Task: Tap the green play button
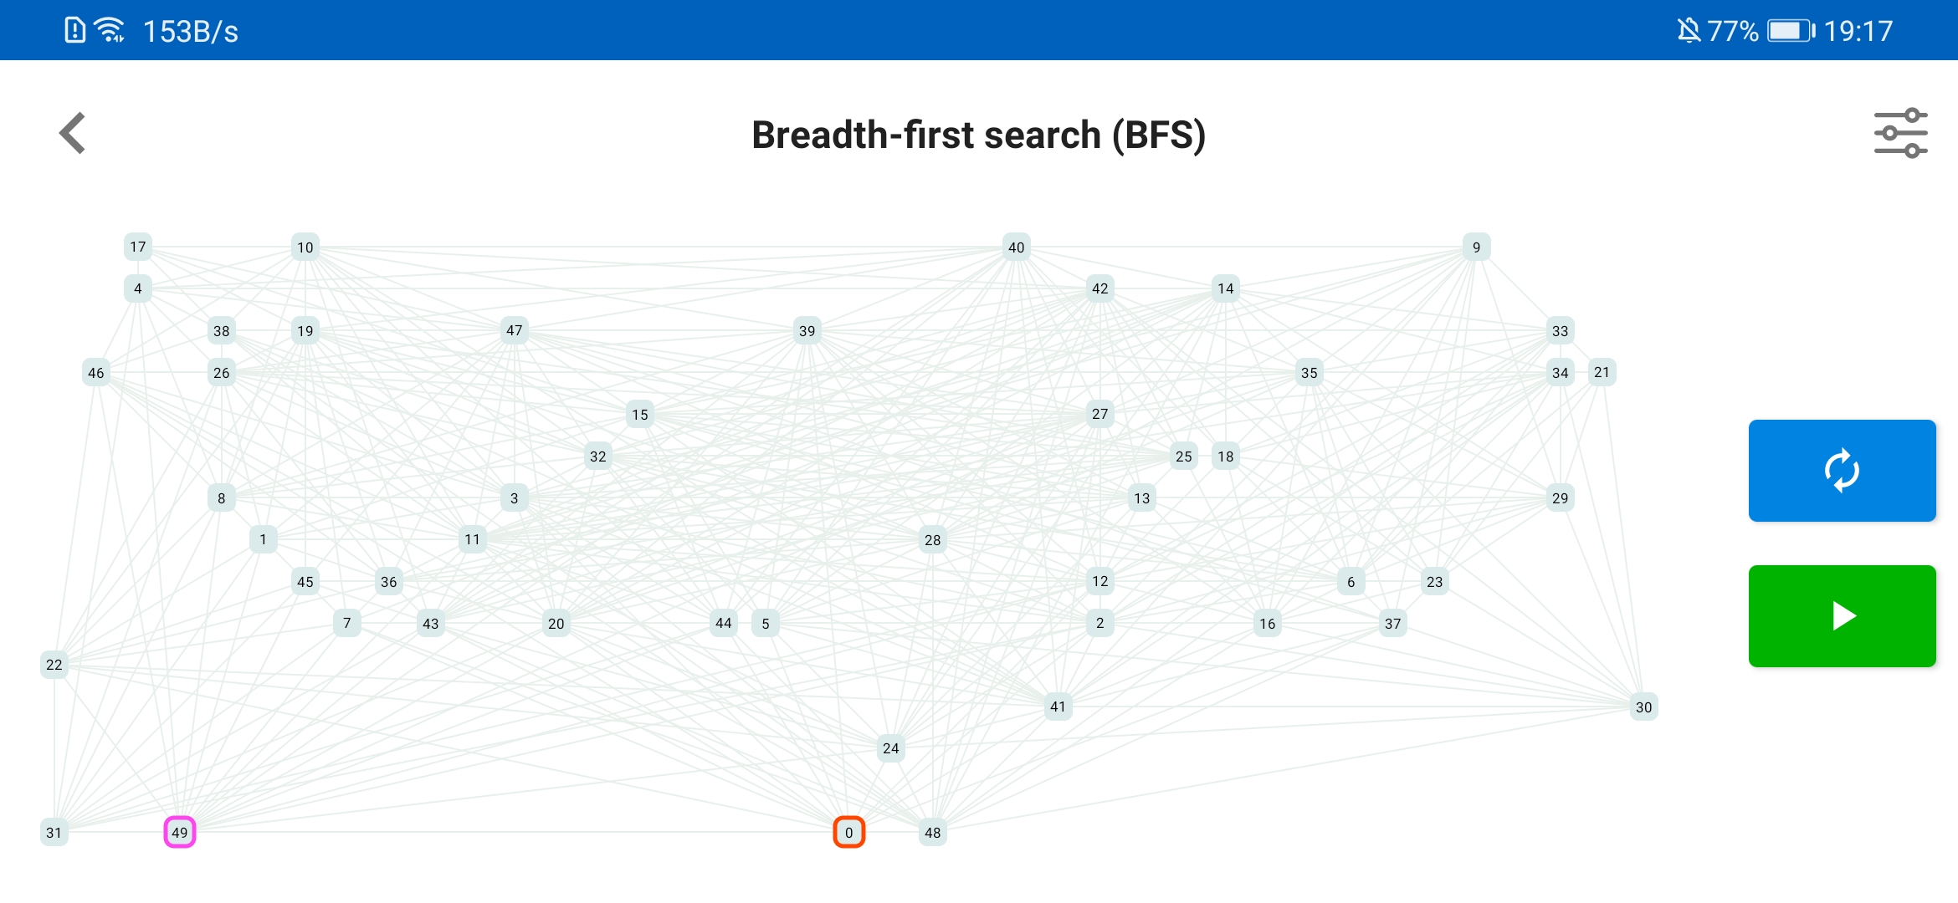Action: [1842, 616]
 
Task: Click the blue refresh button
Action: [1842, 471]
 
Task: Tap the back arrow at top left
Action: [73, 133]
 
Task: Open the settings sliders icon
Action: [1900, 133]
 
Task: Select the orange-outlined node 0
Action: [848, 832]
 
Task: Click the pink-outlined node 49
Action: [179, 832]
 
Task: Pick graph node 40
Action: [1016, 247]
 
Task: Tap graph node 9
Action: [1476, 247]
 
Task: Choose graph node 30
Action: [1643, 707]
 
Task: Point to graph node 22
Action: [54, 665]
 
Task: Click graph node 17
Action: [137, 247]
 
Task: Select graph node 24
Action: [890, 748]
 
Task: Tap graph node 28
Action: [932, 539]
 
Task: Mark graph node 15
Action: [639, 414]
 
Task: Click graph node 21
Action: [1602, 372]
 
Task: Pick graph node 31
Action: [54, 832]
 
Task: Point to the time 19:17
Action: [1858, 31]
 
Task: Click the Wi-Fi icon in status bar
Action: [110, 30]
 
